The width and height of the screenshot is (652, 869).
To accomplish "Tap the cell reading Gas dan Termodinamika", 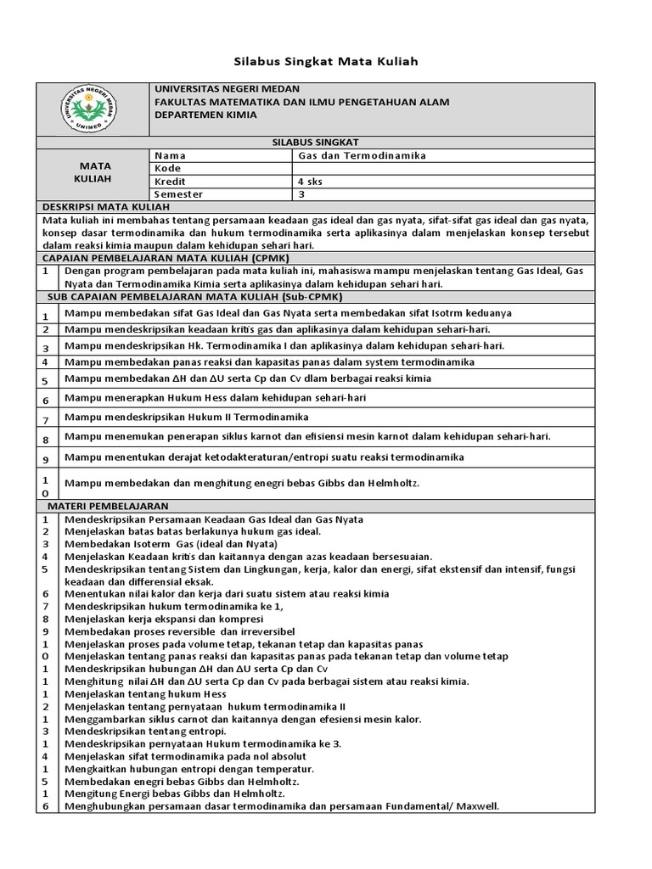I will (362, 155).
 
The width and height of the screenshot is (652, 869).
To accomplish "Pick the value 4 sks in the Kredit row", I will (311, 181).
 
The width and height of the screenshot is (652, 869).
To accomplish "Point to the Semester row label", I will (178, 193).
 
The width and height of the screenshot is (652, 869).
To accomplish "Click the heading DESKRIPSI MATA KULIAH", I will (107, 206).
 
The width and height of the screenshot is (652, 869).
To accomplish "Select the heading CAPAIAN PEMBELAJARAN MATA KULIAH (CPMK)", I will (166, 256).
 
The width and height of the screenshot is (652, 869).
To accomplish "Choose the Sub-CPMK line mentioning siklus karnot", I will (307, 436).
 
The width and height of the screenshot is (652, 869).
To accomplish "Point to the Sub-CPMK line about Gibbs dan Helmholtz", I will (243, 483).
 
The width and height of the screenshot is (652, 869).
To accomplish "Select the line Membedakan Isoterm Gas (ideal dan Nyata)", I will (171, 543).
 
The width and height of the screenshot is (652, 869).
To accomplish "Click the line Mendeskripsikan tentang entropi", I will (145, 731).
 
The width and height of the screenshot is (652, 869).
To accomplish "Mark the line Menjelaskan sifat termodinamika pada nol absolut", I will (185, 755).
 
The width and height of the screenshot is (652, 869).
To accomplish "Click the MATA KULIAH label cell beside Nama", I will (95, 174).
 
